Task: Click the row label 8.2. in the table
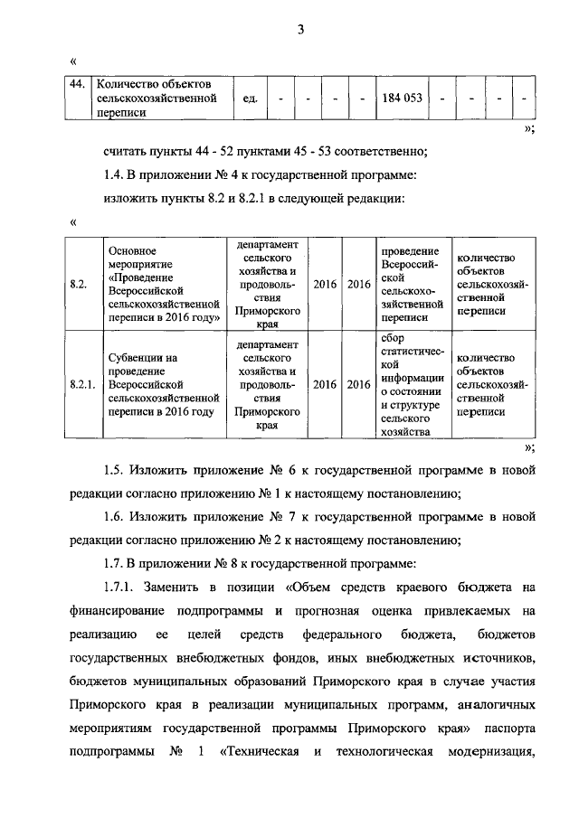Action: coord(79,284)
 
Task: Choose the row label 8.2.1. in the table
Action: coord(83,384)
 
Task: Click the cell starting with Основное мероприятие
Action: coord(163,284)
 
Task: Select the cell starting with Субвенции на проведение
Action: coord(163,384)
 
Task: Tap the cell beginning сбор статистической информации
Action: coord(412,384)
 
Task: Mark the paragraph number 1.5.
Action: coord(114,471)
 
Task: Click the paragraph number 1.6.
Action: coord(114,518)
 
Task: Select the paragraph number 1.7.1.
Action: coord(120,589)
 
